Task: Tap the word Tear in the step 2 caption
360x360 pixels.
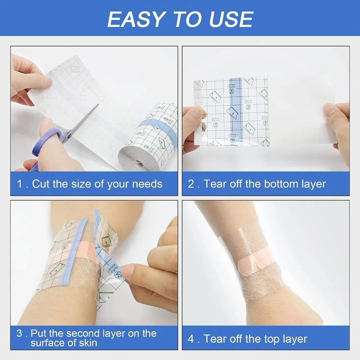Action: click(215, 184)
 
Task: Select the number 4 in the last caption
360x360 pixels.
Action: click(191, 339)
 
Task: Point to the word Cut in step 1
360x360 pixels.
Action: click(40, 184)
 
